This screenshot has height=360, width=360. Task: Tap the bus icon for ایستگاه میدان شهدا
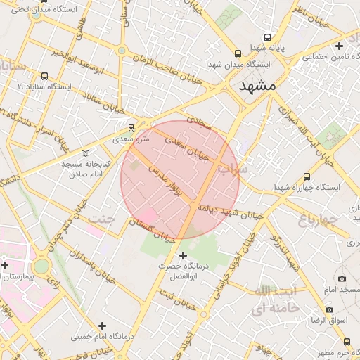coord(238,53)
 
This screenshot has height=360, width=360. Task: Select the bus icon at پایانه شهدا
coord(267,37)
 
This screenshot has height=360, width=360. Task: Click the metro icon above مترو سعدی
coord(131,128)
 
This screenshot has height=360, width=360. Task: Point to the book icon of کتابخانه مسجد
coord(86,153)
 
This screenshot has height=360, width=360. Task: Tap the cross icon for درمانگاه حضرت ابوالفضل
coord(184,255)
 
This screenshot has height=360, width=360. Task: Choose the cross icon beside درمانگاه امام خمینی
coord(103,325)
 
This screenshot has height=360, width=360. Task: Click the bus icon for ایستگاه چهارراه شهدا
coord(307,176)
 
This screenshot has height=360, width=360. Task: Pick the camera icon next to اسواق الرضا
coord(329,309)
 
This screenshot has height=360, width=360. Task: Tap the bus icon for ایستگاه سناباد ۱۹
coord(45,75)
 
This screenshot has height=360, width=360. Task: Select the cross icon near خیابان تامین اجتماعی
coord(339,46)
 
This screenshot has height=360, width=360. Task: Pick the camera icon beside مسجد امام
coord(342,278)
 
